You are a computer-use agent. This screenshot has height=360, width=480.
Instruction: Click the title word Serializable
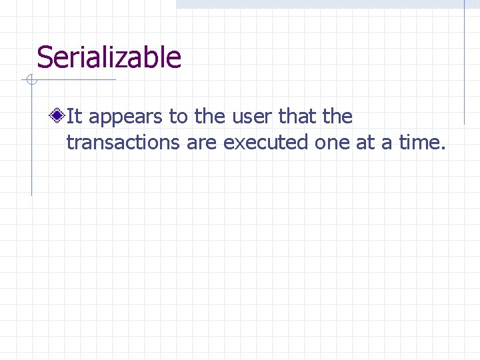coord(109,57)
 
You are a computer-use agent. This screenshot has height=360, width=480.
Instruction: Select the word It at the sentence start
coord(74,117)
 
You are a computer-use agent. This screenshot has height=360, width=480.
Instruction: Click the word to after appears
coord(178,117)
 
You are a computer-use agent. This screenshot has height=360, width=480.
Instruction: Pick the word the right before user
coord(210,117)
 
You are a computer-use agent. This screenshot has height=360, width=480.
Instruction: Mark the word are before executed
coord(202,143)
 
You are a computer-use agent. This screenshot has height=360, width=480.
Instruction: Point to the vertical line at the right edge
coord(465,63)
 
